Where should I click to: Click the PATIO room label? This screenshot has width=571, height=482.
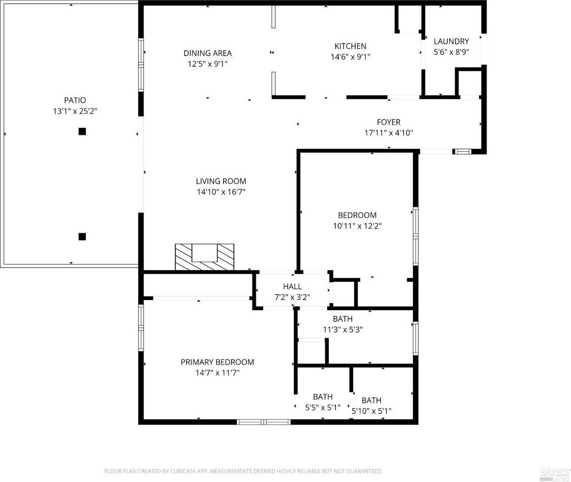(75, 100)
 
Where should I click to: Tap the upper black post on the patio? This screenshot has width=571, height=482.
(82, 131)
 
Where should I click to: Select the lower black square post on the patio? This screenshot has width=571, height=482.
(82, 236)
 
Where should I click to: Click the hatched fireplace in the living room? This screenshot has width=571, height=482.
(204, 257)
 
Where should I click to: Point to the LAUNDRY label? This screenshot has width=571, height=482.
(451, 41)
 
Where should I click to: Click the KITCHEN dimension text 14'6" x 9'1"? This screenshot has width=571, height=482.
(350, 57)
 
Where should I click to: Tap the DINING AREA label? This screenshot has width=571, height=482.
(208, 53)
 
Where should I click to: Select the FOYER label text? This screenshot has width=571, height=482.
(388, 122)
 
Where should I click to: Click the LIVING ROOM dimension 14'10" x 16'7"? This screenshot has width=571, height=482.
(221, 192)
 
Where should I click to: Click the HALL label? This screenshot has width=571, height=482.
(292, 287)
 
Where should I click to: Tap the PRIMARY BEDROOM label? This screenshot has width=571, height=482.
(217, 362)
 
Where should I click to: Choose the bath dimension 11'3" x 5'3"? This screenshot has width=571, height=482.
(343, 330)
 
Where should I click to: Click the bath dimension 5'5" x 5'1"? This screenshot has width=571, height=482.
(323, 407)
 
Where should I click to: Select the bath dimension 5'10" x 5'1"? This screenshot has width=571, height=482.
(371, 411)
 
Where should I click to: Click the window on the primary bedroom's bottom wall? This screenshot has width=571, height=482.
(264, 421)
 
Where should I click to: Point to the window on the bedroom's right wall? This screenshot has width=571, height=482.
(415, 236)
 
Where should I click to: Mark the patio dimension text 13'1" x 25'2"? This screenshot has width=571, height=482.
(75, 111)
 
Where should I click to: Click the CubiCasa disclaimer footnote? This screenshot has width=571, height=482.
(243, 471)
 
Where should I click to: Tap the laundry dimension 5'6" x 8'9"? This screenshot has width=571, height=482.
(451, 52)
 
